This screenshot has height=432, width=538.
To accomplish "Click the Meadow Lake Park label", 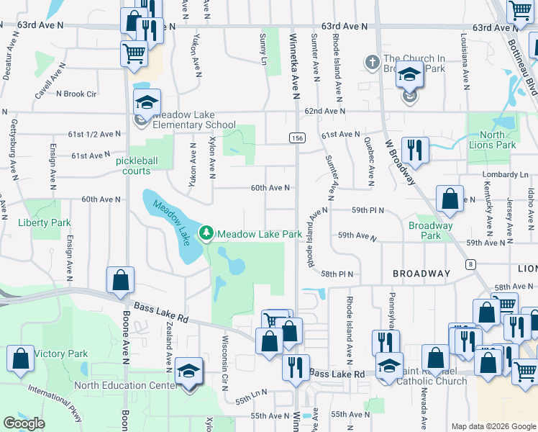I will click(x=260, y=234).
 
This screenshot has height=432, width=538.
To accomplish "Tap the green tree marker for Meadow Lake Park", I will click(x=207, y=233).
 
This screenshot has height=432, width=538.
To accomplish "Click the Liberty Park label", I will click(x=45, y=223).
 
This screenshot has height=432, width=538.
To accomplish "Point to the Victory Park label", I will click(x=61, y=354).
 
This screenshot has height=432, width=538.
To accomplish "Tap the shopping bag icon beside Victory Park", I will click(x=21, y=359).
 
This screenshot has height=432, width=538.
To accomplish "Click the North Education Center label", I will click(x=125, y=385).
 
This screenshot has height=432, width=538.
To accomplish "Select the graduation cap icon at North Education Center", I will click(x=188, y=372).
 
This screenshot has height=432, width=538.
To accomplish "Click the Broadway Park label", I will click(x=430, y=230).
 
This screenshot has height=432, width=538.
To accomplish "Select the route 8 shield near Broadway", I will click(x=470, y=264).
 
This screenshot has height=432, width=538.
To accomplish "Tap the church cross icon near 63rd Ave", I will click(x=372, y=62).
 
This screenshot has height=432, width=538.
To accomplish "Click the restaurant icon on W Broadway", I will click(x=415, y=150).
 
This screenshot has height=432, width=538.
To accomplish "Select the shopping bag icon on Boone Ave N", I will click(x=120, y=280).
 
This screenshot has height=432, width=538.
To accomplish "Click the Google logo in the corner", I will click(x=24, y=423).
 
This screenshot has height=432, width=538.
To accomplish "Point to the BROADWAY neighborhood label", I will click(x=421, y=274).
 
